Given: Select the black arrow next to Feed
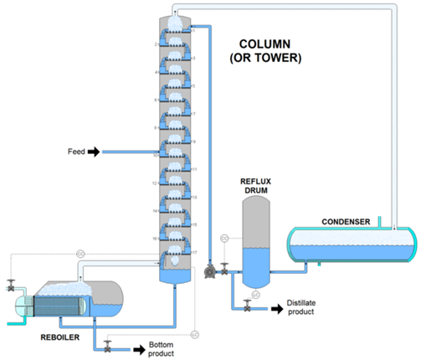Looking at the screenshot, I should [94, 152].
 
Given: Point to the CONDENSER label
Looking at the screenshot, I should [346, 222].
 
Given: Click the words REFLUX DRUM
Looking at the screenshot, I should [257, 186].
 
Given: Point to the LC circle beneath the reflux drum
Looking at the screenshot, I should [256, 295].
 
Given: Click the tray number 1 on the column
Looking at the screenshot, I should [194, 30].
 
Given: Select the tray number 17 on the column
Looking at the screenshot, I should [194, 251].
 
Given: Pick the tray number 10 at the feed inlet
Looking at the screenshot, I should [156, 154].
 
